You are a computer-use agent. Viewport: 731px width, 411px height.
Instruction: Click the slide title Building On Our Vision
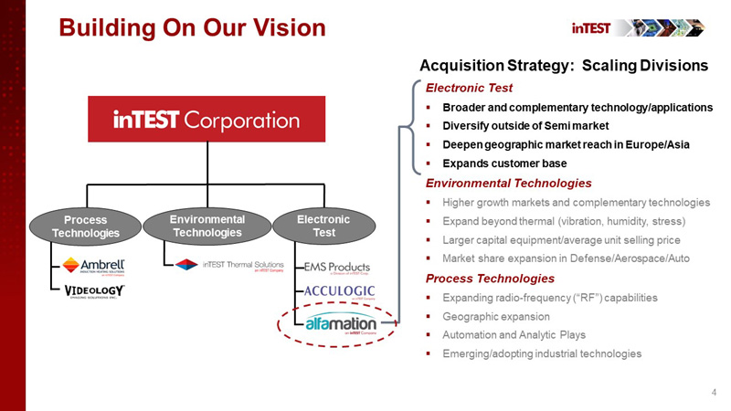pyautogui.click(x=192, y=28)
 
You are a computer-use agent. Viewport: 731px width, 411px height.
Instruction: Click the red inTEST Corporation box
pyautogui.click(x=207, y=120)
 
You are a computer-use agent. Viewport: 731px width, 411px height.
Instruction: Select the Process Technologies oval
pyautogui.click(x=85, y=227)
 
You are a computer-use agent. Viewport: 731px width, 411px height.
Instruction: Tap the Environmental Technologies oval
pyautogui.click(x=208, y=227)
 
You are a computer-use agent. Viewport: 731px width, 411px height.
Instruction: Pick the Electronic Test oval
pyautogui.click(x=323, y=227)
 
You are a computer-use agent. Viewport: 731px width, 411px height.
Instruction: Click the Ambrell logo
pyautogui.click(x=93, y=266)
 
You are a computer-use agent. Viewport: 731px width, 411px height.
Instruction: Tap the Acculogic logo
pyautogui.click(x=339, y=291)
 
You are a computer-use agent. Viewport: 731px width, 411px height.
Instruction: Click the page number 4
pyautogui.click(x=714, y=393)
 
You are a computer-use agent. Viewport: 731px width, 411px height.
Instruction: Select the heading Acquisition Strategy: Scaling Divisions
pyautogui.click(x=564, y=66)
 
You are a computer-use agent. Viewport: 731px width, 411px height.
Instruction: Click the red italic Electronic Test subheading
pyautogui.click(x=470, y=89)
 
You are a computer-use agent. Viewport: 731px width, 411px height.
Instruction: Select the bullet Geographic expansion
pyautogui.click(x=496, y=316)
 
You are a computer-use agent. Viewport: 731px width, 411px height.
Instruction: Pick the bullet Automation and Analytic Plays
pyautogui.click(x=514, y=335)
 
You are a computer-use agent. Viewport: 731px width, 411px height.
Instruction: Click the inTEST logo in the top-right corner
pyautogui.click(x=590, y=27)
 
